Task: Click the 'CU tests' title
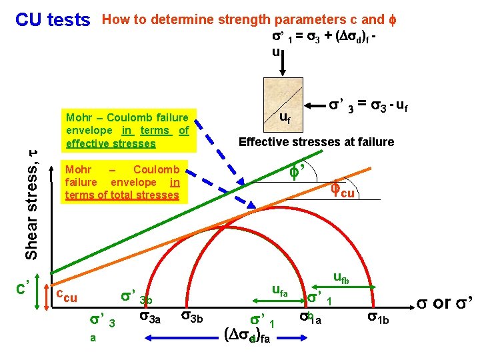click(x=53, y=20)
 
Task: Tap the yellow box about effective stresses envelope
click(x=127, y=131)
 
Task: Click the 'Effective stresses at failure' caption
click(x=316, y=142)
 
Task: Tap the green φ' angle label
click(x=296, y=173)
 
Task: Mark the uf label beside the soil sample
click(x=284, y=119)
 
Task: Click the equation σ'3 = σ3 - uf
click(x=369, y=104)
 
